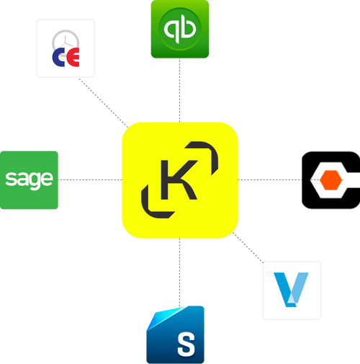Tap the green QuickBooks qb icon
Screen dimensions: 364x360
180,29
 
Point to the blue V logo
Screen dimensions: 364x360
292,290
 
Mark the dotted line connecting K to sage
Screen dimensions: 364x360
90,179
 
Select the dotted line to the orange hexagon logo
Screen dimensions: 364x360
270,179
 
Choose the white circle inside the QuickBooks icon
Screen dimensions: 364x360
180,29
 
